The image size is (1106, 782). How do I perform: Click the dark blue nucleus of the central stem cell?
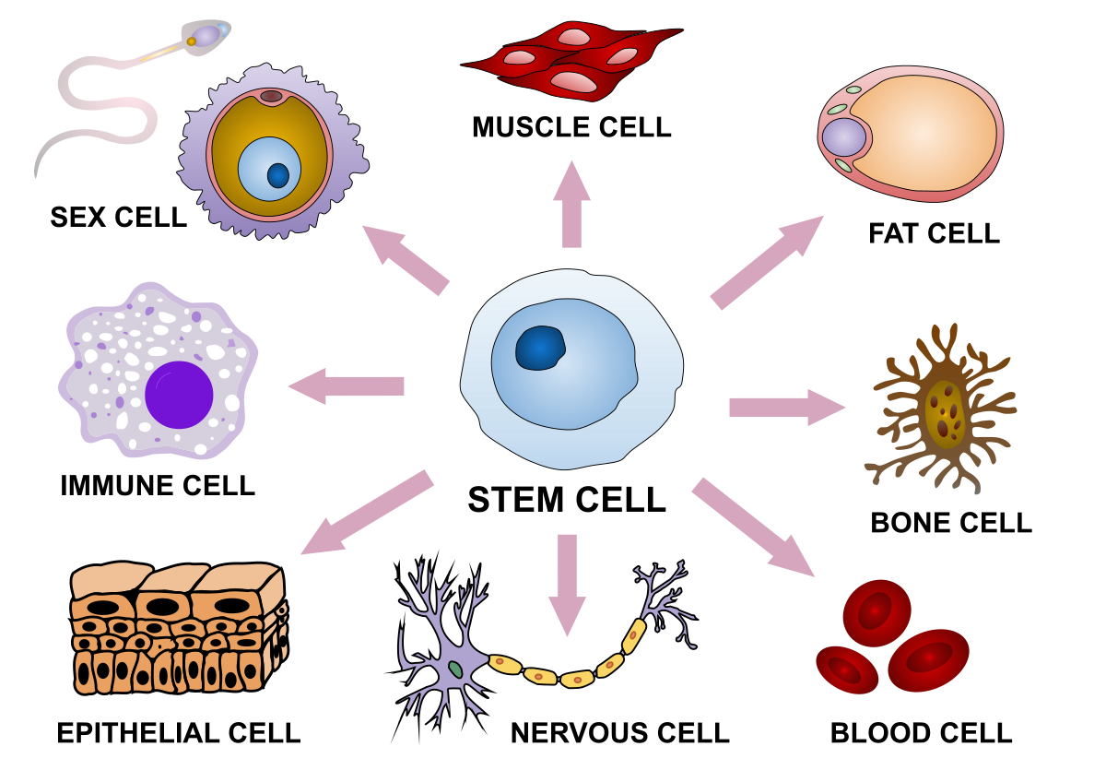[540, 349]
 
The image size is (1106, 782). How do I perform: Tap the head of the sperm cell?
[205, 36]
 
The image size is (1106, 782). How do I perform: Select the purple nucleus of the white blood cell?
[179, 395]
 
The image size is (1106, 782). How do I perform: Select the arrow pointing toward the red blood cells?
[752, 527]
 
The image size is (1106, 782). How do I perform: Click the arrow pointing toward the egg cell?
[405, 259]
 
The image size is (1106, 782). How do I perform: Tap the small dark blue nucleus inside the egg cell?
[277, 175]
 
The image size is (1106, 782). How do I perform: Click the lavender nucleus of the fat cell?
[843, 137]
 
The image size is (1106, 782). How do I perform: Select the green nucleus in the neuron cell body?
[455, 669]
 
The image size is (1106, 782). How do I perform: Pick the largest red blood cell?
[928, 659]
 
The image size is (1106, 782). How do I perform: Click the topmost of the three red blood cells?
[877, 612]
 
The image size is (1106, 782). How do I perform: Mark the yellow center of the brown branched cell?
[945, 415]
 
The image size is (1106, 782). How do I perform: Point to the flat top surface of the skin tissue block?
[175, 579]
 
